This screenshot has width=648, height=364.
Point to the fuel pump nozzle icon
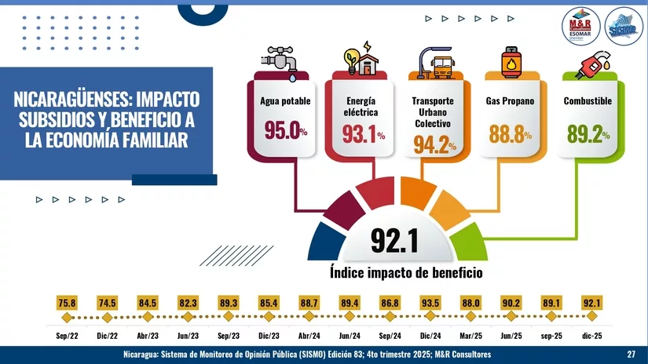588,61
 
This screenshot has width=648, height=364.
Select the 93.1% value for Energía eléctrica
364,134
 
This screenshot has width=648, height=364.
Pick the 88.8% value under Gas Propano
511,134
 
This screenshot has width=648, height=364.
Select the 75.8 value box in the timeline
66,302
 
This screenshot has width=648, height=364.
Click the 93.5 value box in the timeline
430,302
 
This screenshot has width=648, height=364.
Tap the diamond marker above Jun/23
188,317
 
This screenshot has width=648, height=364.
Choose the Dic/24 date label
430,335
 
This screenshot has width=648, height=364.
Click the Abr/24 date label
309,335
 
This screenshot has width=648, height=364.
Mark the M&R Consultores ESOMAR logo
583,30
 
